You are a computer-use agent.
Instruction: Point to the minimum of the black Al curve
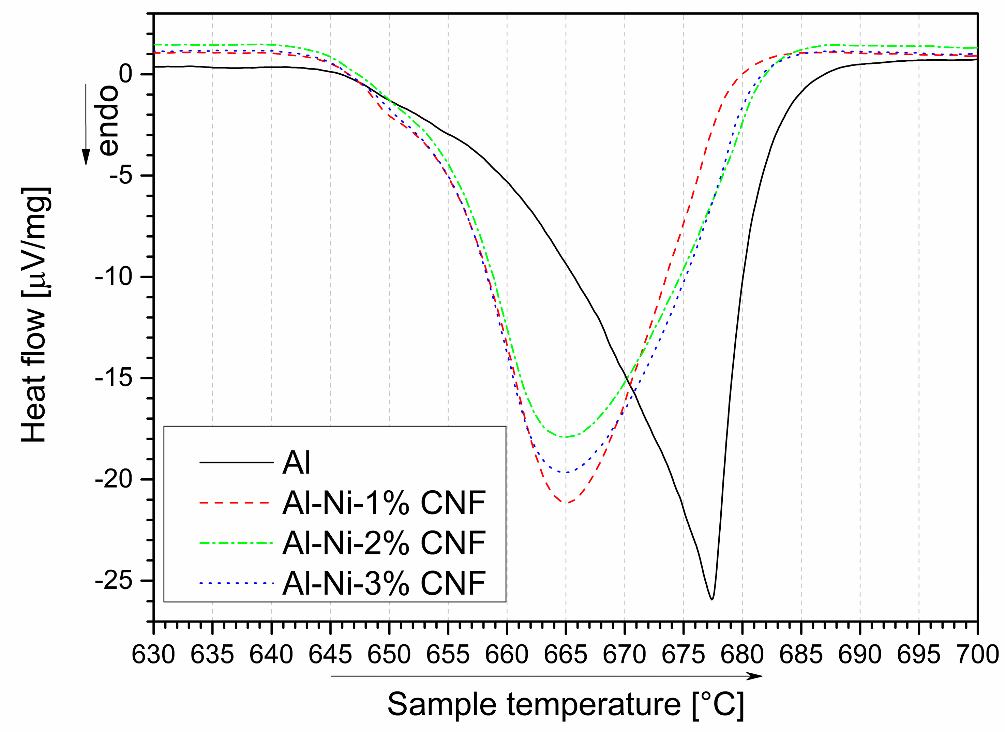pos(712,599)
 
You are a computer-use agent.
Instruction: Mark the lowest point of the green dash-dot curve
pos(566,437)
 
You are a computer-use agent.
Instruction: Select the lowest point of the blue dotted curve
pos(566,472)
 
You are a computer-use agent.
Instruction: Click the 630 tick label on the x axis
pos(154,655)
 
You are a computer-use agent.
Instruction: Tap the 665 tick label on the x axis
pos(566,655)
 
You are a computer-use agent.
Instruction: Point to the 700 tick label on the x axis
pos(977,655)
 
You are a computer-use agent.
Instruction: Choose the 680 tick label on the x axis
pos(742,655)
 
